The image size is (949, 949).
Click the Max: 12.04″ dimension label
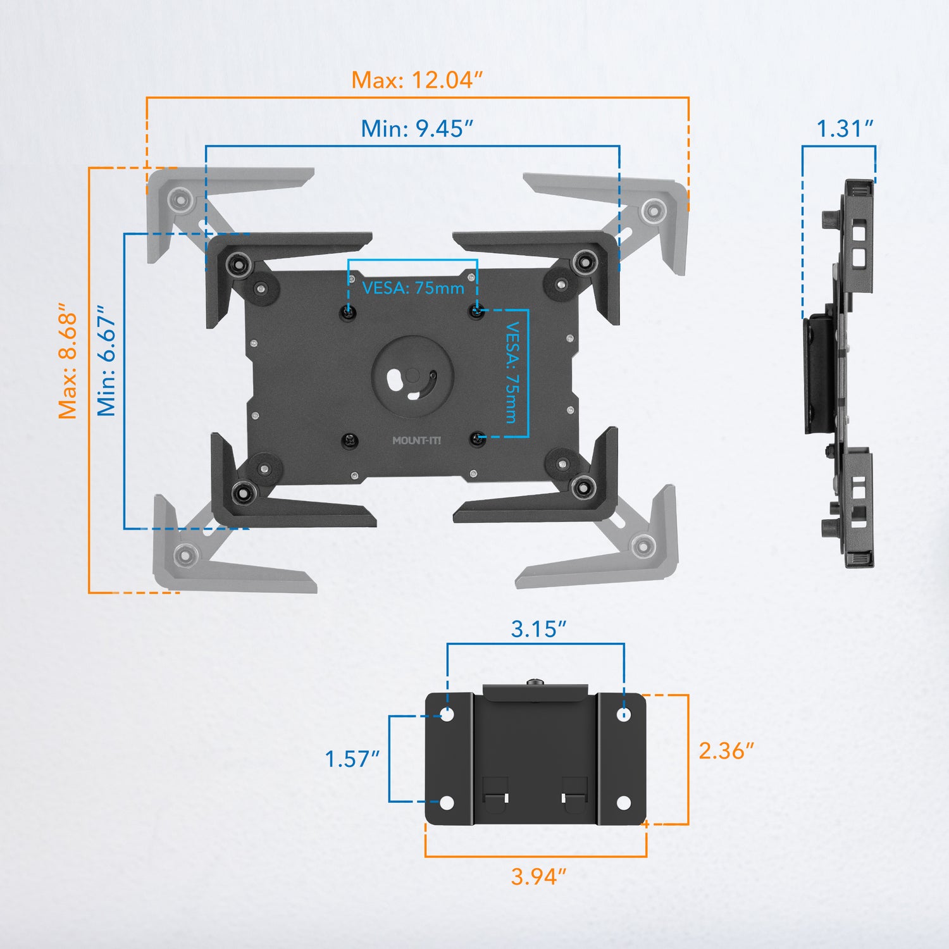point(417,80)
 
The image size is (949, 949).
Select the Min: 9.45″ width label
point(417,129)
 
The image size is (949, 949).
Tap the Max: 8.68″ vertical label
point(68,361)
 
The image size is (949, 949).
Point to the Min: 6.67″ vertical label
point(106,361)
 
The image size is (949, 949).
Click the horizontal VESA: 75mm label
point(413,288)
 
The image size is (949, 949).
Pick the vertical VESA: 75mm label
point(512,373)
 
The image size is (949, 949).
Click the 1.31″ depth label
point(845,129)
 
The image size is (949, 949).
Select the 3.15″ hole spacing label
point(538,630)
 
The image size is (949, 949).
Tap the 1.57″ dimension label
point(352,759)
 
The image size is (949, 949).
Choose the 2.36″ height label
point(726,751)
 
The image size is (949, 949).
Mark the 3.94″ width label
point(538,877)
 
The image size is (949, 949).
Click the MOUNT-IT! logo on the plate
point(416,440)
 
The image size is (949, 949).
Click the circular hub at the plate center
point(412,376)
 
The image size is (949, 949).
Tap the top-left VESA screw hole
point(347,312)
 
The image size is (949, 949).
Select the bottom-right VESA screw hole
point(478,439)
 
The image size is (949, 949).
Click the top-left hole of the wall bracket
point(447,715)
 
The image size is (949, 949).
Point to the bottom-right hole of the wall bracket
point(624,803)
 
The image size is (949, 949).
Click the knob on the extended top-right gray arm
point(652,210)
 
